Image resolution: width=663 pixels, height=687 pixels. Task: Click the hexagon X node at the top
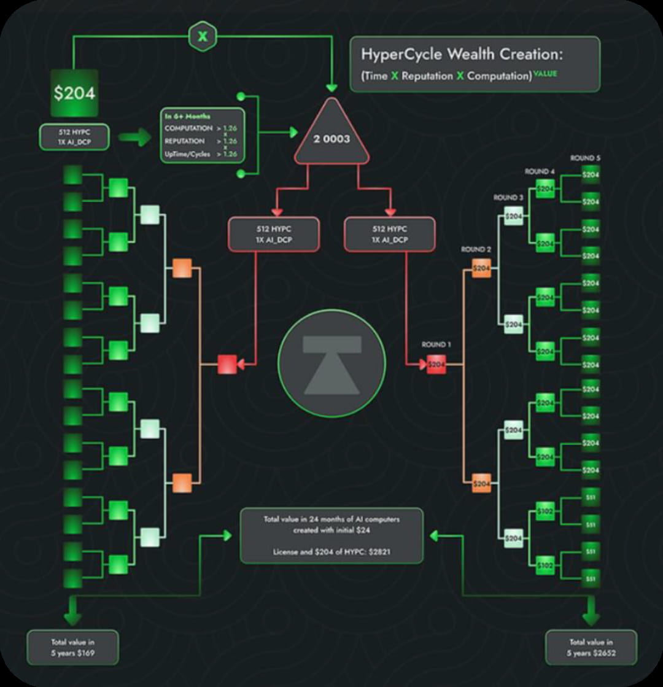pyautogui.click(x=202, y=36)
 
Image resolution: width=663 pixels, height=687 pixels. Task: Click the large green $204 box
pyautogui.click(x=74, y=93)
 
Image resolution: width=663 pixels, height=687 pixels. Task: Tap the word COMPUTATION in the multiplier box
pyautogui.click(x=188, y=128)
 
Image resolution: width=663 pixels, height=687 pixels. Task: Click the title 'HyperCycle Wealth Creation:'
pyautogui.click(x=462, y=54)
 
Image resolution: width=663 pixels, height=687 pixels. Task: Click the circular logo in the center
pyautogui.click(x=331, y=363)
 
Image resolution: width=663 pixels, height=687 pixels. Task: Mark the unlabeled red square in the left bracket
pyautogui.click(x=227, y=364)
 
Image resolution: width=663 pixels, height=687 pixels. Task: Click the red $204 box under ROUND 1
pyautogui.click(x=436, y=365)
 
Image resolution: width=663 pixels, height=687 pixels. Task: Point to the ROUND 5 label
pyautogui.click(x=585, y=158)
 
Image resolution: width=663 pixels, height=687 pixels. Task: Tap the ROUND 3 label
pyautogui.click(x=508, y=198)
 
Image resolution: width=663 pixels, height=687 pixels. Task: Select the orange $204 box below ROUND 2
pyautogui.click(x=481, y=268)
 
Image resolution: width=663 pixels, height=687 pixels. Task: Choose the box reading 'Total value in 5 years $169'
pyautogui.click(x=72, y=646)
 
